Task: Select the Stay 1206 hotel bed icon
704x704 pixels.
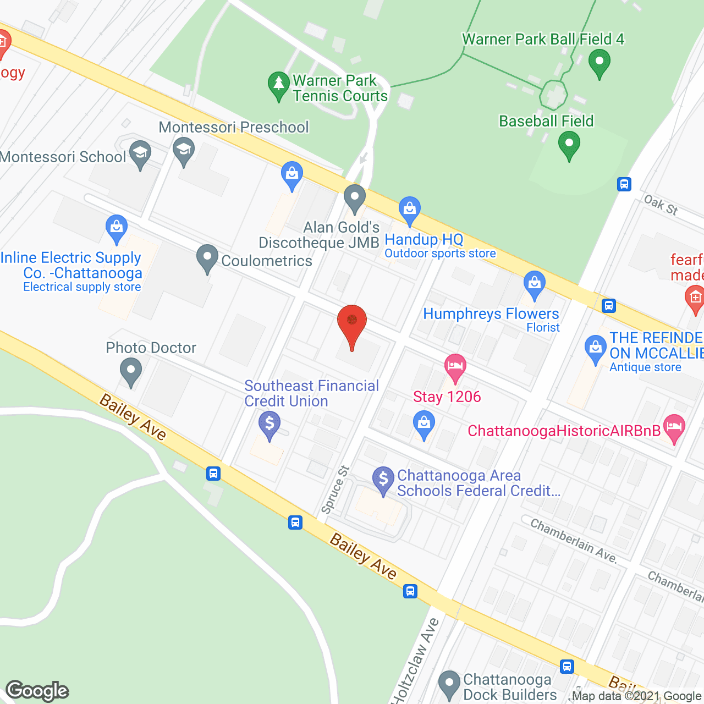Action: pyautogui.click(x=455, y=366)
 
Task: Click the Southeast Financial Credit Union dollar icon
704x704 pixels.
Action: pyautogui.click(x=269, y=425)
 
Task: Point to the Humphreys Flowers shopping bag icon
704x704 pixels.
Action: pyautogui.click(x=534, y=284)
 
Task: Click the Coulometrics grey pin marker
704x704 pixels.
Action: pyautogui.click(x=207, y=257)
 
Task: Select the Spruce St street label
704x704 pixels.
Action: pyautogui.click(x=335, y=490)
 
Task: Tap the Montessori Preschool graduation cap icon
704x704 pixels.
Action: pyautogui.click(x=184, y=150)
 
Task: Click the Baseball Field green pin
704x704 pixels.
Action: pyautogui.click(x=569, y=146)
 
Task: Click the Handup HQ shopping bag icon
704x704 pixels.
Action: pyautogui.click(x=409, y=210)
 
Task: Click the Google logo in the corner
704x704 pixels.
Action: pyautogui.click(x=37, y=691)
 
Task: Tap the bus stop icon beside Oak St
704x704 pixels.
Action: pyautogui.click(x=624, y=184)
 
